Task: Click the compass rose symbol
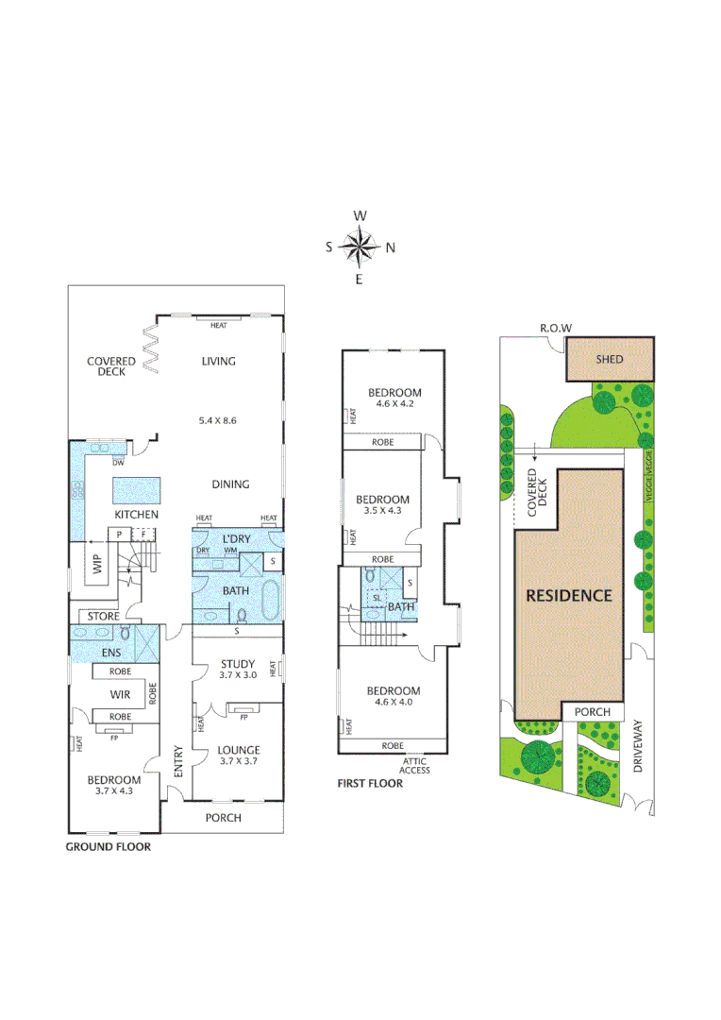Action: pos(360,248)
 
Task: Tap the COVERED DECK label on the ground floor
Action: pos(111,366)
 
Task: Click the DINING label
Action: pos(230,484)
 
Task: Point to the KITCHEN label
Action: pos(136,515)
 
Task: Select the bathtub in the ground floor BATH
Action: pos(270,599)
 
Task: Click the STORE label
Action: pos(103,617)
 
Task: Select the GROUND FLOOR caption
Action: pos(108,847)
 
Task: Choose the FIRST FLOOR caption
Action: pos(370,783)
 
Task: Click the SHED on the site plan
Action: pos(609,359)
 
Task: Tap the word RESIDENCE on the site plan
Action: pos(568,595)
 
